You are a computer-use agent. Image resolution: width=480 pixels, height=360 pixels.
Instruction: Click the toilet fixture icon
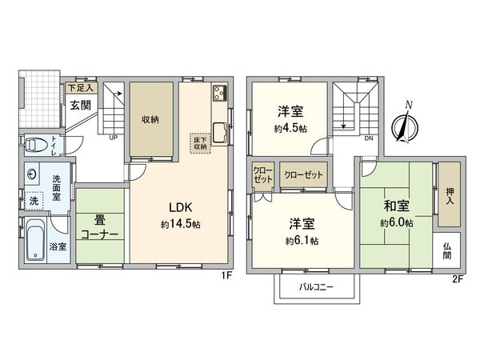(34, 146)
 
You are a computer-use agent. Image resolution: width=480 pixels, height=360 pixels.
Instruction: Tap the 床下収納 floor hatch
(199, 142)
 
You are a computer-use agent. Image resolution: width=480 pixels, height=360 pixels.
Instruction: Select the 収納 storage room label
(150, 119)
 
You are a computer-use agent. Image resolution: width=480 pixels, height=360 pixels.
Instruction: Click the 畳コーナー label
(100, 226)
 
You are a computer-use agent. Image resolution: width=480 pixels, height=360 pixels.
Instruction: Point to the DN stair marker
(368, 138)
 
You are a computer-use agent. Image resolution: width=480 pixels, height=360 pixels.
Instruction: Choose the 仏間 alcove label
(446, 250)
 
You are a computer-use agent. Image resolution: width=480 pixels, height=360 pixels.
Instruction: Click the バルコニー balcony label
(316, 285)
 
